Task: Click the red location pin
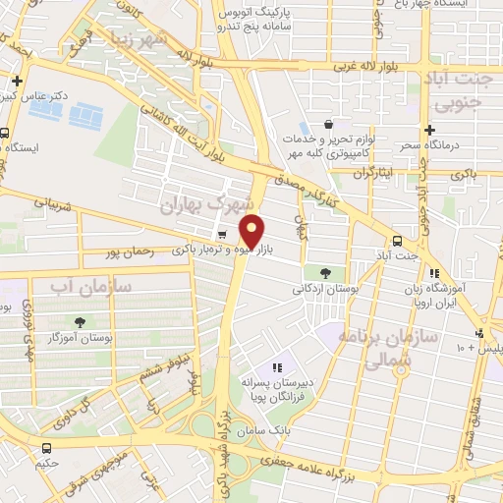[252, 231]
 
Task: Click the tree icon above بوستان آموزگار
[78, 321]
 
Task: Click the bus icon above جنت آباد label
[397, 241]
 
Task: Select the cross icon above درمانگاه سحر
[428, 131]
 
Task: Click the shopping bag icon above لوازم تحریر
[328, 126]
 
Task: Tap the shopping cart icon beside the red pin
[223, 234]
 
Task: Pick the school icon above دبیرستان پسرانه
[277, 367]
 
